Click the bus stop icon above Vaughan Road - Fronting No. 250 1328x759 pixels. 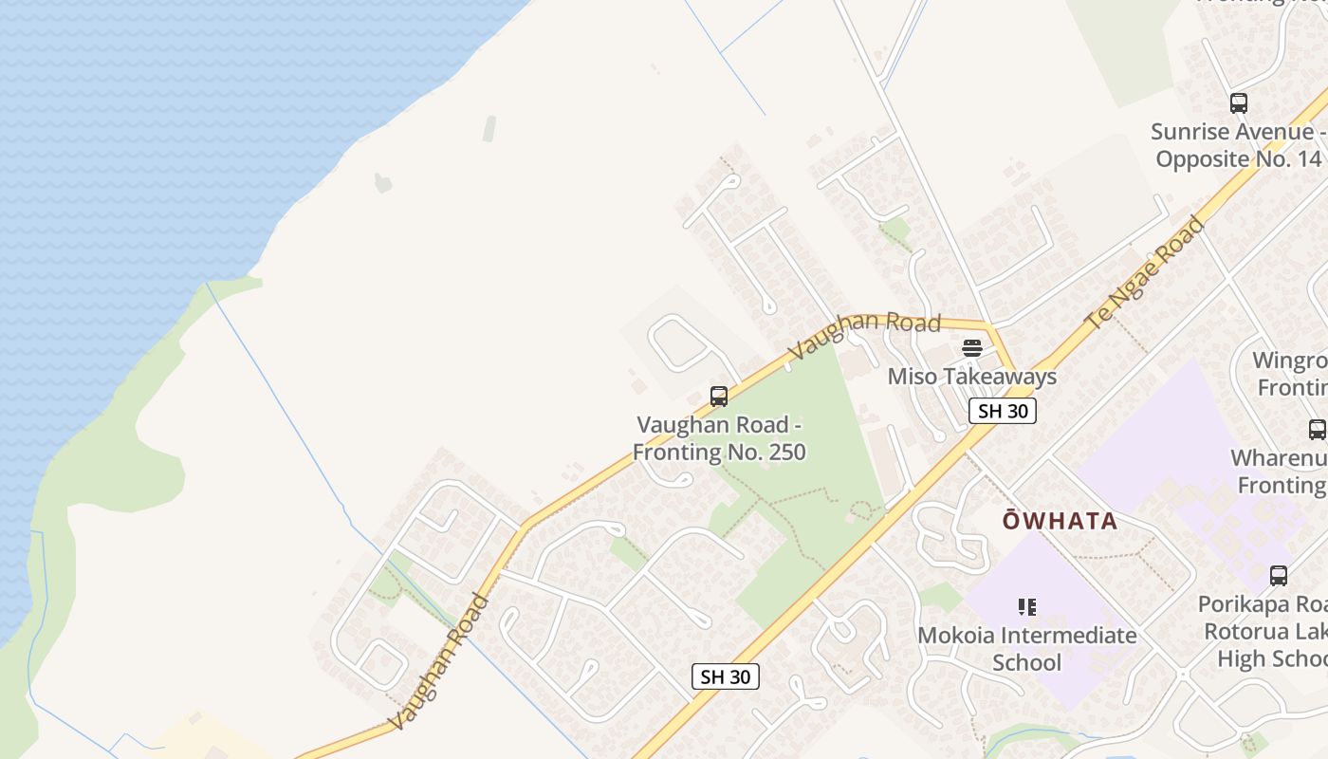click(719, 397)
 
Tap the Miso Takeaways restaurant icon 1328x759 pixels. click(971, 348)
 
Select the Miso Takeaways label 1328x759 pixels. click(971, 377)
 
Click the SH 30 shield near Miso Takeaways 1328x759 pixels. click(1002, 411)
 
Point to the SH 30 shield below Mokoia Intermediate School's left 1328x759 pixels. click(726, 676)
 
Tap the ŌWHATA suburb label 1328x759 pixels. click(1061, 521)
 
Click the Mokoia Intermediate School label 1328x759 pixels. click(1026, 648)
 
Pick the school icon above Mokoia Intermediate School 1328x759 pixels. click(1026, 606)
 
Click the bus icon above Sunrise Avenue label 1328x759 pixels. click(1238, 103)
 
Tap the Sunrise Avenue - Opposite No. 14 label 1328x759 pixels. click(1237, 145)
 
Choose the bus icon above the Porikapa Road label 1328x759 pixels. click(1279, 575)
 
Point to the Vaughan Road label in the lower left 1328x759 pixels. click(439, 661)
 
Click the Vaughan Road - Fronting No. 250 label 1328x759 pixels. click(719, 438)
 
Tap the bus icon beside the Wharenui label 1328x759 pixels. click(1317, 429)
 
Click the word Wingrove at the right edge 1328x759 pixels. click(1290, 361)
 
